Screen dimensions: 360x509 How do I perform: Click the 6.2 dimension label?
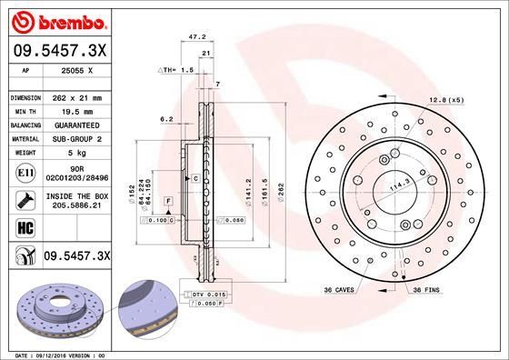click(166, 119)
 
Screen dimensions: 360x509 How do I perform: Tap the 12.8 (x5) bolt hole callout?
click(446, 99)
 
